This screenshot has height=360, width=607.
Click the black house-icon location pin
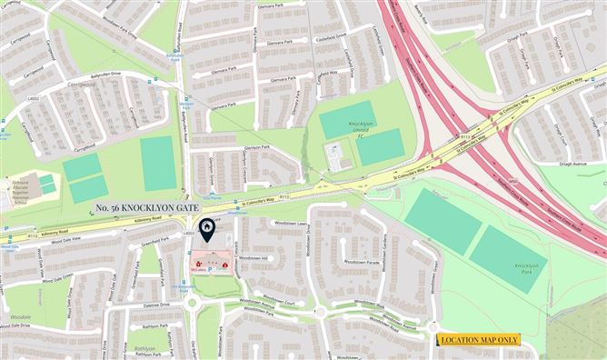coord(207,228)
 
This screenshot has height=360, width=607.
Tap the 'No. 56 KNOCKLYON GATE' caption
coord(144,208)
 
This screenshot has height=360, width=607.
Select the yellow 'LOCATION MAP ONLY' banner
coord(479,340)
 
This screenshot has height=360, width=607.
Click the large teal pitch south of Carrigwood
coord(159,164)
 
